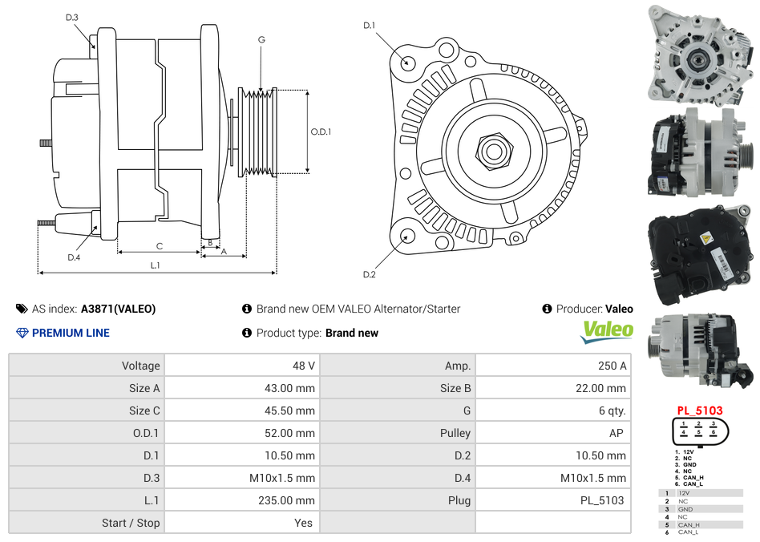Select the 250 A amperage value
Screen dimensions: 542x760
(612, 366)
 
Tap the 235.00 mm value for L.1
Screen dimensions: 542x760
(292, 500)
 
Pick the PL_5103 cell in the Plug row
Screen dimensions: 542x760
(602, 500)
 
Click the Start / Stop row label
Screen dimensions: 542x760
(131, 523)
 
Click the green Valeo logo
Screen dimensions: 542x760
(607, 331)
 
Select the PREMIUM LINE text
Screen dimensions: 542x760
(71, 333)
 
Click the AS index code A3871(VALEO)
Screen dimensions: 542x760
(119, 309)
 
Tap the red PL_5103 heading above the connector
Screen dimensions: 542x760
(700, 411)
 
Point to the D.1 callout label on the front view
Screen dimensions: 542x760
(370, 26)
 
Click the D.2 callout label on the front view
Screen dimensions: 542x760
(370, 275)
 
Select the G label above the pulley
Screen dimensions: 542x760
(261, 40)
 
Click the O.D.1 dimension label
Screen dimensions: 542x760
(321, 131)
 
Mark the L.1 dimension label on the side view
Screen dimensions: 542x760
(156, 265)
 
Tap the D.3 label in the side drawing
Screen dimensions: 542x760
(72, 18)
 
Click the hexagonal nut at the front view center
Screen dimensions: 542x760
(493, 149)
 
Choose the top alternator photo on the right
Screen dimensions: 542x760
(698, 53)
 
